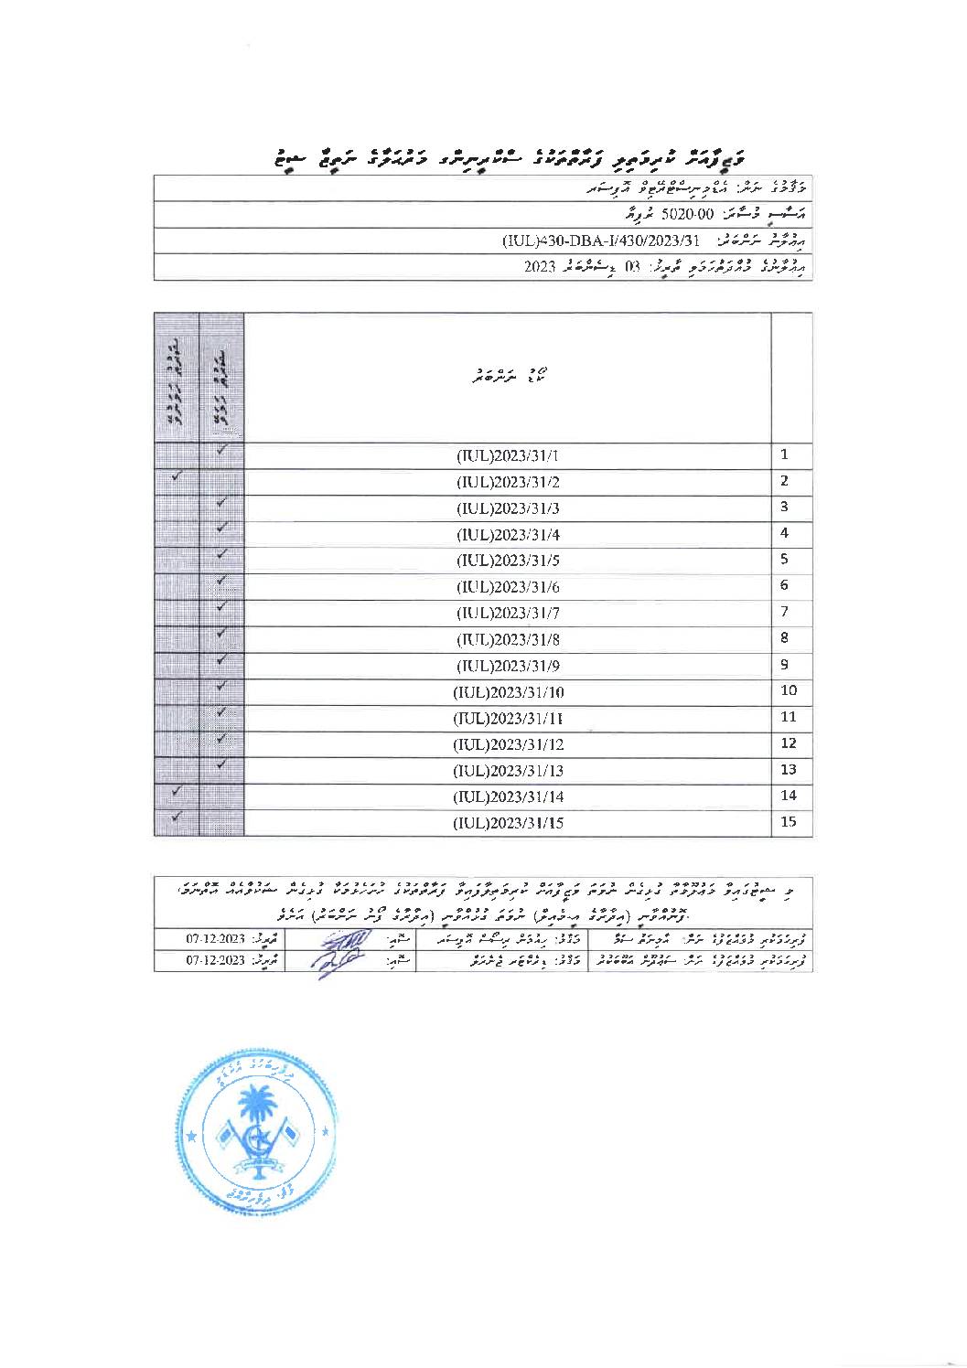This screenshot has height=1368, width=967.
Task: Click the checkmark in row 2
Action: click(x=177, y=476)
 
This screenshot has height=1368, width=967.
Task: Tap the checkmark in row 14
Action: click(x=177, y=791)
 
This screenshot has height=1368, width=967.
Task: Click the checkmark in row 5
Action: click(x=221, y=554)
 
